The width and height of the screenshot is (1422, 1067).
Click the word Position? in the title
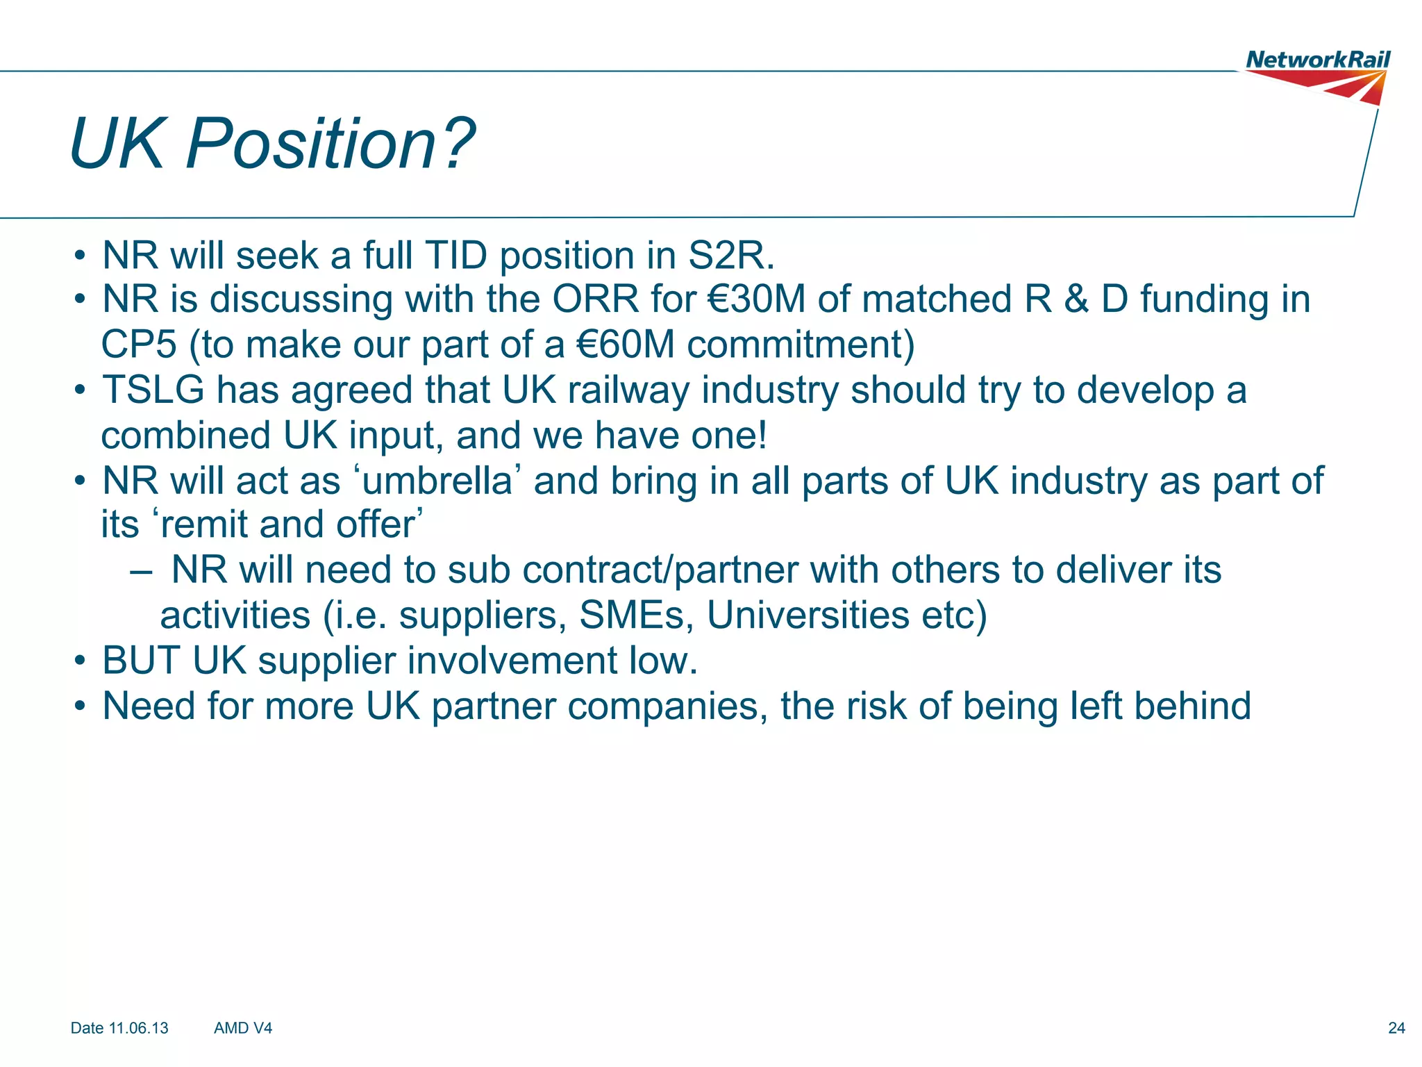[330, 144]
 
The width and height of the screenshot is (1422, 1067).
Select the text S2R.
[730, 256]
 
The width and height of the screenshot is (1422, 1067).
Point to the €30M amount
[756, 299]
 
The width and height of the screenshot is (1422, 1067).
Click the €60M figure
[626, 345]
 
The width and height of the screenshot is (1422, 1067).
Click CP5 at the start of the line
[139, 345]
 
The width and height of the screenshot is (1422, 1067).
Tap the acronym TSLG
[153, 390]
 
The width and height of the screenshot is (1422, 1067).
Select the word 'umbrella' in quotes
[437, 480]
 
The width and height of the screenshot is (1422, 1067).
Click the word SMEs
[636, 615]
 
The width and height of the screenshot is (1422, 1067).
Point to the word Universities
[808, 615]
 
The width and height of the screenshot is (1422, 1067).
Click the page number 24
[1396, 1028]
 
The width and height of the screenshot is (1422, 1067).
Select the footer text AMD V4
[243, 1028]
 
